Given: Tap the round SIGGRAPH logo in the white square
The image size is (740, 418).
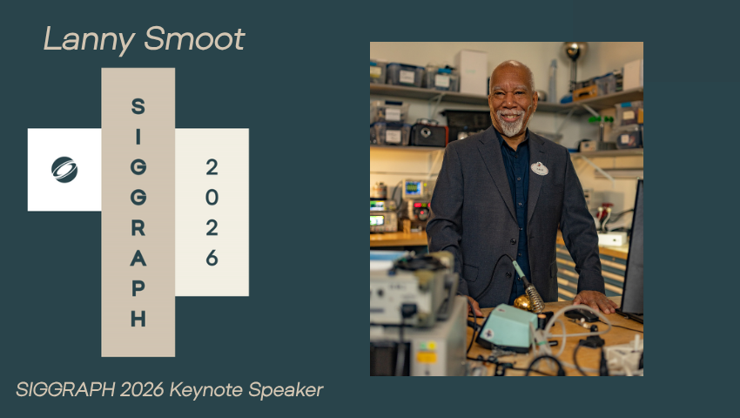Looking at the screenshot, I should click(x=64, y=170).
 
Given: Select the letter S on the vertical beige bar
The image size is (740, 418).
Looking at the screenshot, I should click(x=138, y=106).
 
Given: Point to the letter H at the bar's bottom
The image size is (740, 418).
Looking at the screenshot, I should click(x=138, y=320).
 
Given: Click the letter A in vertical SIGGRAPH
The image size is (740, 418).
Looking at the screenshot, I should click(x=138, y=259).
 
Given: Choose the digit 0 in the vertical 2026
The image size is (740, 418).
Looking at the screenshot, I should click(x=212, y=197).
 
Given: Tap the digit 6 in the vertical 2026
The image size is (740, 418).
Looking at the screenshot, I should click(x=212, y=258).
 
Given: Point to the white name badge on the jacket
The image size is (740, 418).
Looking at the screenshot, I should click(x=539, y=168).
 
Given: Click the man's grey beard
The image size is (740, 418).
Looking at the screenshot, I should click(x=513, y=127).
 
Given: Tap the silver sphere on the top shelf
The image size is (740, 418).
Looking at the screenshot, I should click(x=574, y=51).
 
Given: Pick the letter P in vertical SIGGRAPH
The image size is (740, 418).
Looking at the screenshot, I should click(x=138, y=289).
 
